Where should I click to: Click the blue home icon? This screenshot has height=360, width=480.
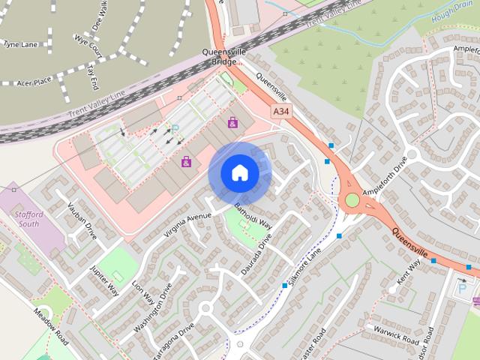(x=239, y=173)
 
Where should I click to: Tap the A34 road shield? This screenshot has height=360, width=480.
(x=281, y=112)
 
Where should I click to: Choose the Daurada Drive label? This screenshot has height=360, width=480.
(x=256, y=257)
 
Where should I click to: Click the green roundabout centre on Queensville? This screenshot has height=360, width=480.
(x=352, y=199)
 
